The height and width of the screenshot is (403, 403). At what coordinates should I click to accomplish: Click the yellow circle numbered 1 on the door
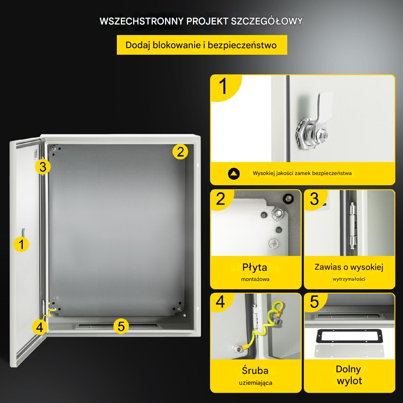point(21,244)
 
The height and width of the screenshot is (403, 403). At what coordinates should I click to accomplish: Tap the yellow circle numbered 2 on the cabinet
point(180,152)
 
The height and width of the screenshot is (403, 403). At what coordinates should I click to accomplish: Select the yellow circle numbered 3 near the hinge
point(43,167)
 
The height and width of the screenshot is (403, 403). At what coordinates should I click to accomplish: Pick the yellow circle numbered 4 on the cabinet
point(40,327)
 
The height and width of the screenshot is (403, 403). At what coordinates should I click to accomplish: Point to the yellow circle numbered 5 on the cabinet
point(121,326)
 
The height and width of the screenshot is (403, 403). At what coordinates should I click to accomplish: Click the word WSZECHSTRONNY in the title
point(141,21)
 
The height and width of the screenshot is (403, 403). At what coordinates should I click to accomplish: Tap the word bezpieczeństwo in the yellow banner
point(242,45)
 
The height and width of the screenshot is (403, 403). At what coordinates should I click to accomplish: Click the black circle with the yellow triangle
point(234,174)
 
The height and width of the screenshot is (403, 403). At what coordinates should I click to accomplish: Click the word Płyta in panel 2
point(255,268)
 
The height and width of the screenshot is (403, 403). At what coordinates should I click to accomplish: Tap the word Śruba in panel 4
point(255,371)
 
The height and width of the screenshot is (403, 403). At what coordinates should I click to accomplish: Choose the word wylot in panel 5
point(349,381)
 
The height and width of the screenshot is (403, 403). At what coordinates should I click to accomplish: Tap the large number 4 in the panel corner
point(220,302)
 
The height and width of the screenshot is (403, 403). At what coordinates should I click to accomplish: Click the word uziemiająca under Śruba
point(256,383)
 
